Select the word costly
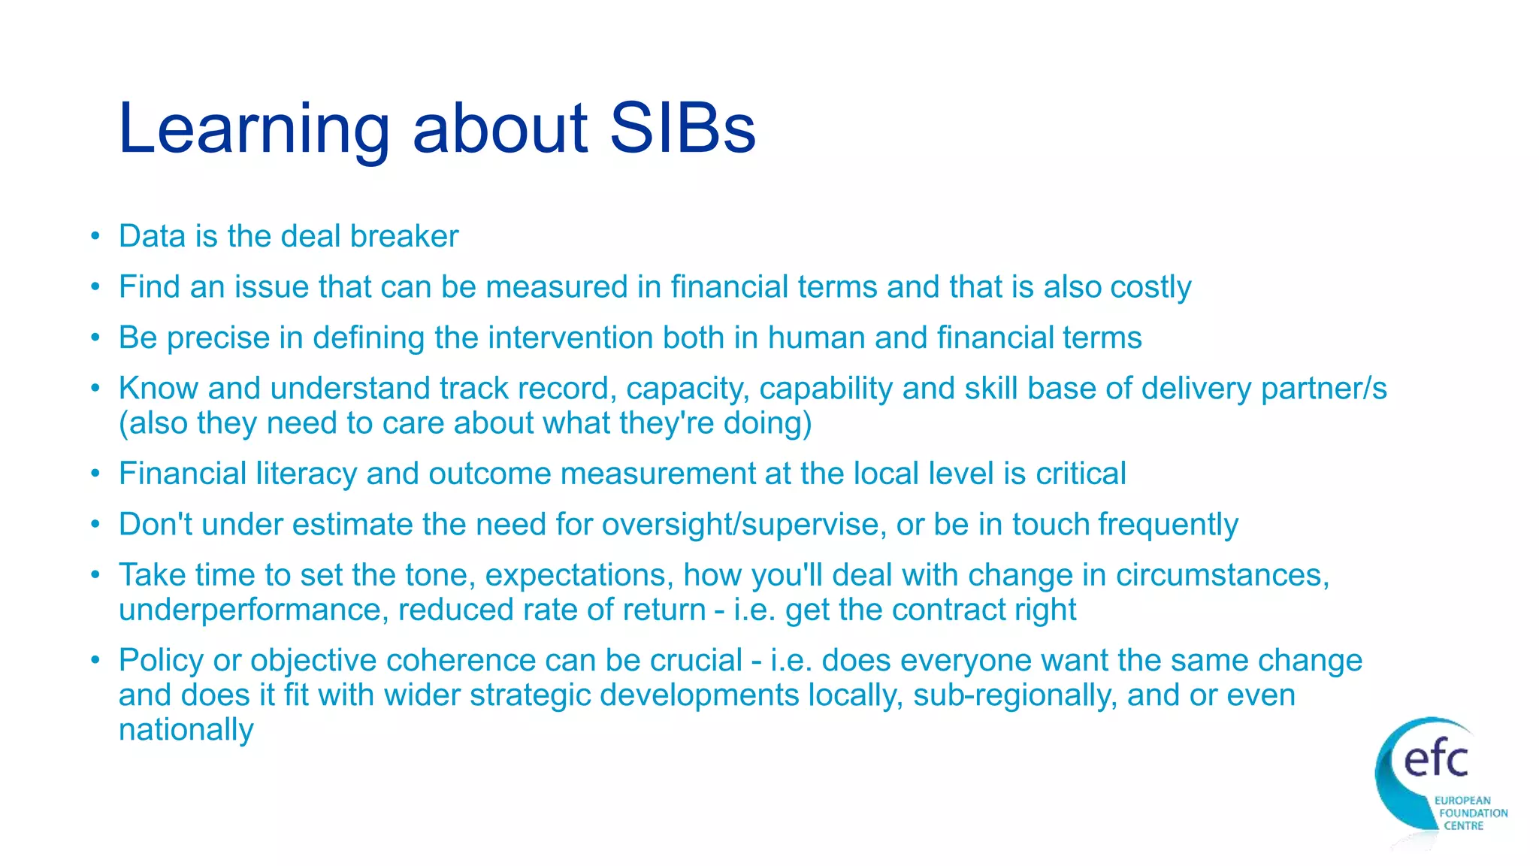[x=1150, y=288]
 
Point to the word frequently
[x=1168, y=525]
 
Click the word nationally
[x=186, y=730]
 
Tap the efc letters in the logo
[x=1435, y=759]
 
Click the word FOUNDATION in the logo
[x=1473, y=813]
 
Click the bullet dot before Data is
[x=95, y=237]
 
